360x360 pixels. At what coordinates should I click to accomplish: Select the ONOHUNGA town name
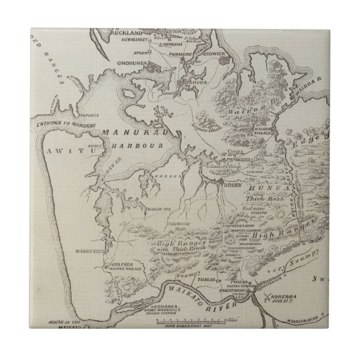[x=130, y=64]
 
